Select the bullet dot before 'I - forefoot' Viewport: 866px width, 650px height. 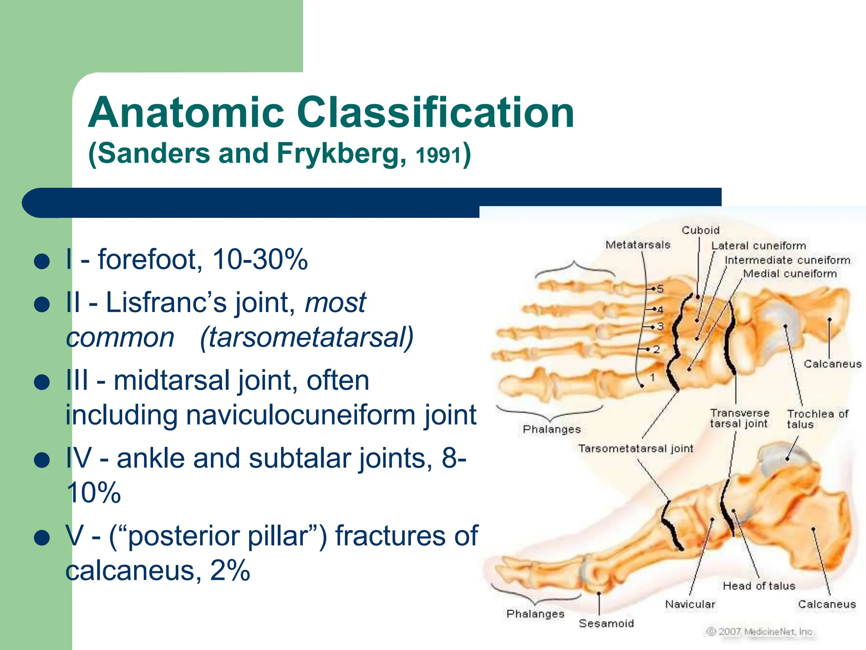click(42, 262)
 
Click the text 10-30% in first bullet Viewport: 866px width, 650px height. click(260, 259)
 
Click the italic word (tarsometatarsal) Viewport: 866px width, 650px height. click(307, 338)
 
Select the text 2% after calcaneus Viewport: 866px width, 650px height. click(230, 570)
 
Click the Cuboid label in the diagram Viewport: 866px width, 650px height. click(700, 230)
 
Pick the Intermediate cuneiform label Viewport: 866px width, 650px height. click(787, 260)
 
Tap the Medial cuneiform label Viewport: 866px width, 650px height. click(790, 274)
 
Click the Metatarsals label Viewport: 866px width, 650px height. click(638, 245)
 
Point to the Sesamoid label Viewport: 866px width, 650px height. click(606, 623)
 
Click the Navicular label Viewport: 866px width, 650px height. click(690, 604)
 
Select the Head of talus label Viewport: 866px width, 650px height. click(759, 586)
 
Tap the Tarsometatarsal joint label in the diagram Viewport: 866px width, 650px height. click(636, 449)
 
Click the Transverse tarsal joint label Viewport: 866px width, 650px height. click(739, 418)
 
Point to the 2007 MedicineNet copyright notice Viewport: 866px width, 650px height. click(760, 631)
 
